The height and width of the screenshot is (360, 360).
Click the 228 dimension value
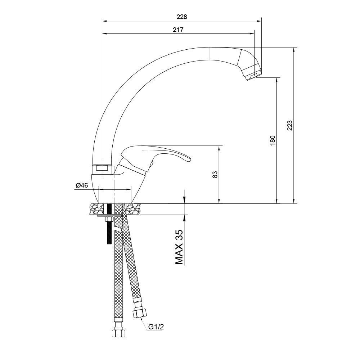182,17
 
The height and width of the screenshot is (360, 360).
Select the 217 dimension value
178,30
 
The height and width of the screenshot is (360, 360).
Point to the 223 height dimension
290,125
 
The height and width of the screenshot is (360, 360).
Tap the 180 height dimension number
273,140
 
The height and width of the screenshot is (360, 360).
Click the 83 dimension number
215,175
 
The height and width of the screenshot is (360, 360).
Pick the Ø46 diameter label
82,185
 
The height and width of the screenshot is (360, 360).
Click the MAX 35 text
179,247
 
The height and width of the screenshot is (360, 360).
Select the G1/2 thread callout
156,327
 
